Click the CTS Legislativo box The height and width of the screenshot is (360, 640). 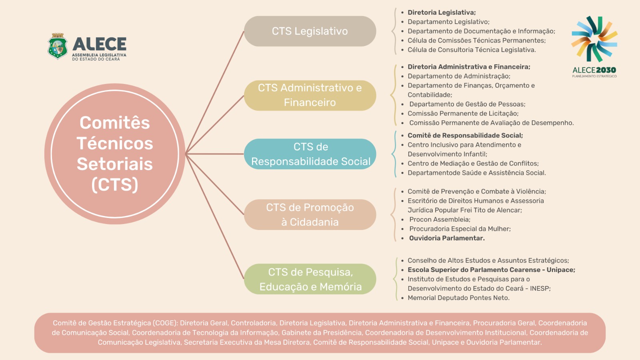pos(310,31)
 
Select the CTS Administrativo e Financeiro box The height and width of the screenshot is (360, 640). pos(310,96)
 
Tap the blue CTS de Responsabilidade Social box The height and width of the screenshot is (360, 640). pos(310,154)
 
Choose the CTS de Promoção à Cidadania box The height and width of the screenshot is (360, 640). pos(310,214)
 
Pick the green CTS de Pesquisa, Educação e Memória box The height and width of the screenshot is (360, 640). pos(310,279)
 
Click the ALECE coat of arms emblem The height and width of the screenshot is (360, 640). pos(58,46)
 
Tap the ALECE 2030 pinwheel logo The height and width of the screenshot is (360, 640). pos(594,39)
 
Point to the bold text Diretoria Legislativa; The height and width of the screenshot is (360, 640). pos(442,12)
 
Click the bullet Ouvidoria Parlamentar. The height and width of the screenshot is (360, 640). pos(447,238)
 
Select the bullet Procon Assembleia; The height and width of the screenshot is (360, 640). pos(440,220)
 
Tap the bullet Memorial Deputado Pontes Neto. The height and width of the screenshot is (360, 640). pos(458,298)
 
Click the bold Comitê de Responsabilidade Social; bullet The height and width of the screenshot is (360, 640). pos(465,136)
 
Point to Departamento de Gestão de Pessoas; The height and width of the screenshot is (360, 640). pos(468,104)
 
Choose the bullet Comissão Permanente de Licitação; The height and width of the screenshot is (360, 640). pos(463,114)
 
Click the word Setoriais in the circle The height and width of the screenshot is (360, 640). pos(115,164)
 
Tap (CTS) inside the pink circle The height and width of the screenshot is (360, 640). pos(115,184)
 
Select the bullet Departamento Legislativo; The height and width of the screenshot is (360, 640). pos(448,22)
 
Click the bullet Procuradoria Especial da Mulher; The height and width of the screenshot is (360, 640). pos(460,229)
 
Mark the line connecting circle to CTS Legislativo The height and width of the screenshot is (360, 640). pos(215,92)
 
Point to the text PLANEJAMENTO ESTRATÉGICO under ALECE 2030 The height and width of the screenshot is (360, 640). pos(594,76)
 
